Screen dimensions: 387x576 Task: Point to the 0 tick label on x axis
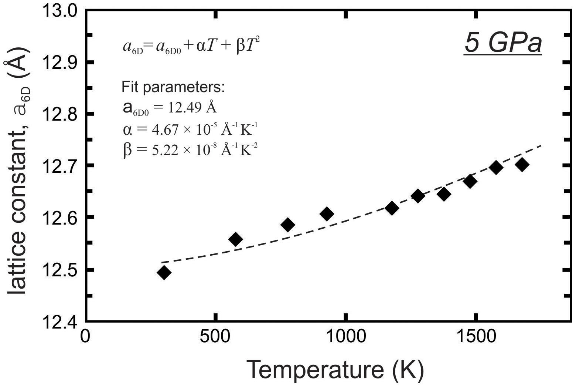(x=85, y=337)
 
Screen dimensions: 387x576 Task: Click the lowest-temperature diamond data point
(x=164, y=273)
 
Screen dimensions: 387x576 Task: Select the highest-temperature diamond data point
(x=522, y=165)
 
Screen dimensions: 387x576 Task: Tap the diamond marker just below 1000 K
(x=327, y=214)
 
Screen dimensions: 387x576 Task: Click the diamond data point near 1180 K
(x=392, y=208)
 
